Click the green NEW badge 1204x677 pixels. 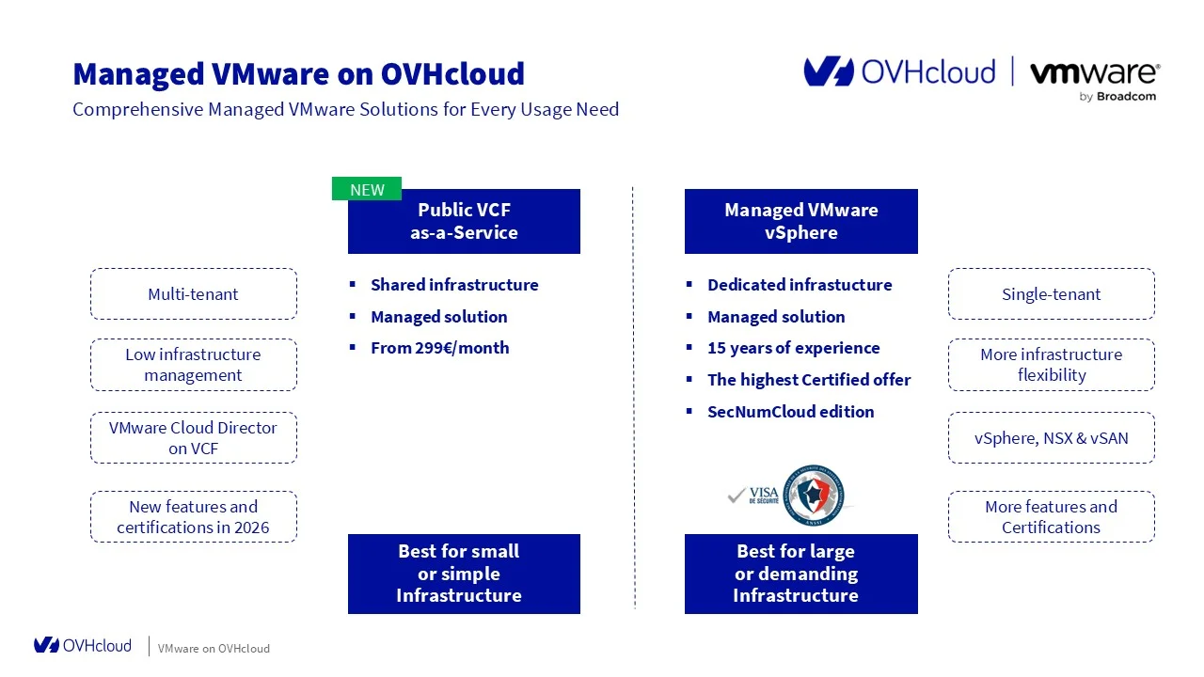(367, 189)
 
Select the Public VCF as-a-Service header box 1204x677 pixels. (464, 222)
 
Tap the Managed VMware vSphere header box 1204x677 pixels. (800, 222)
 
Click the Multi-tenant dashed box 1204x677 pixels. (193, 294)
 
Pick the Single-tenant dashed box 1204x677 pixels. (1051, 294)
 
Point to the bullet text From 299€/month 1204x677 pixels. (439, 348)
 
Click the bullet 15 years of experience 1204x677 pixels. (793, 348)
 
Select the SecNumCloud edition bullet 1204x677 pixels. (790, 412)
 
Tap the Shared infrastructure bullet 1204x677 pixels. (454, 285)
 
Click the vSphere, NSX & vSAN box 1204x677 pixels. (1051, 438)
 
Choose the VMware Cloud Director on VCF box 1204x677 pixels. (193, 438)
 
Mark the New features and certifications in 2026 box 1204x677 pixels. (193, 517)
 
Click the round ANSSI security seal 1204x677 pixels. (814, 495)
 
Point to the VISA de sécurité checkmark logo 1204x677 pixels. (752, 496)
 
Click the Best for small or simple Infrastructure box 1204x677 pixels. (464, 574)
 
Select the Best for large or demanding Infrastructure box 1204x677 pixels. (800, 574)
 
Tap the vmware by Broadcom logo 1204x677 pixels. (1094, 79)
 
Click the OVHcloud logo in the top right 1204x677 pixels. (899, 72)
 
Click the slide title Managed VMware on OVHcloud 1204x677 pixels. (298, 73)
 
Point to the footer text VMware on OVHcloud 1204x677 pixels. (214, 649)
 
